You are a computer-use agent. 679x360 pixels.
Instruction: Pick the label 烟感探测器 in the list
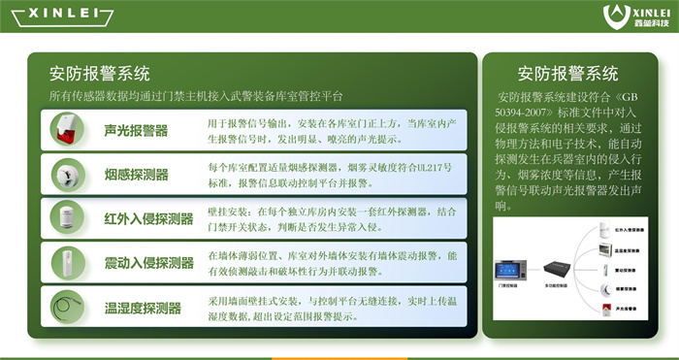(x=136, y=175)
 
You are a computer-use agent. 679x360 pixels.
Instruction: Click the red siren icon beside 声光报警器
(x=67, y=130)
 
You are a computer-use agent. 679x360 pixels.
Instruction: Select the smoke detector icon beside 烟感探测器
(x=67, y=175)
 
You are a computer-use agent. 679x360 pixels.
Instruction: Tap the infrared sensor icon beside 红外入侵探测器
(x=67, y=219)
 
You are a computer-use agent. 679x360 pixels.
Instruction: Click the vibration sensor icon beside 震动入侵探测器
(x=67, y=263)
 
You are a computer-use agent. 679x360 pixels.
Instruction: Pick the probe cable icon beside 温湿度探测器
(x=67, y=309)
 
